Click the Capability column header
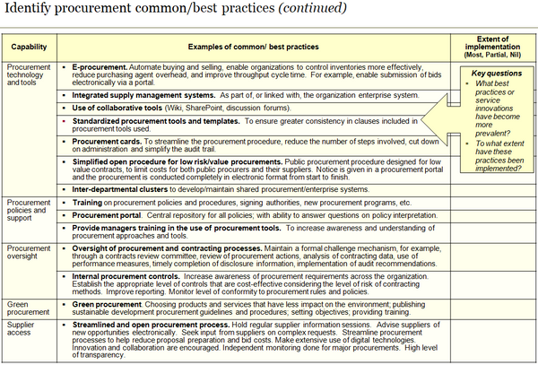(29, 46)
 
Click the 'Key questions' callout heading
(494, 73)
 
